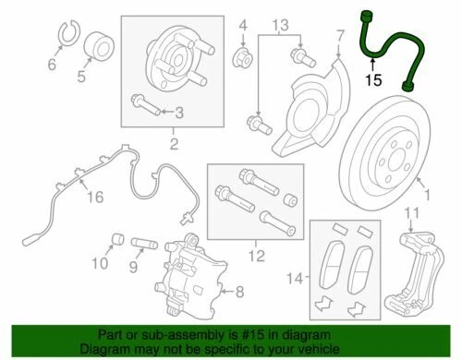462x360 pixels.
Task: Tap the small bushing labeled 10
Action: tap(118, 242)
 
